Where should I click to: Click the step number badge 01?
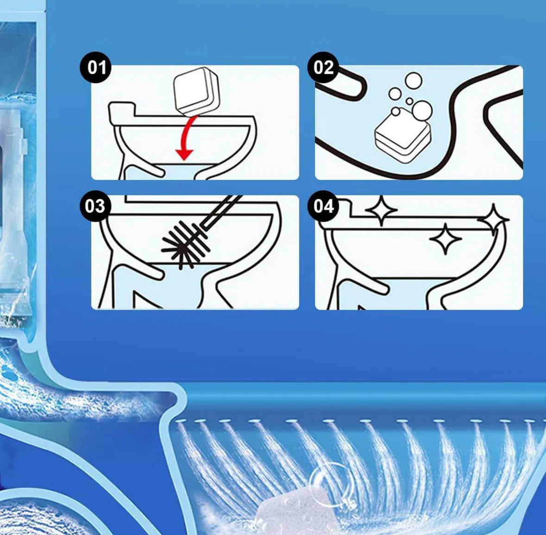(x=96, y=68)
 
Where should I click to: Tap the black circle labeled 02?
(x=323, y=68)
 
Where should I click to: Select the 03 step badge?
(x=94, y=206)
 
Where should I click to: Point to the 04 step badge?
(x=323, y=206)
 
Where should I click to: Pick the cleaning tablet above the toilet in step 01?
(x=194, y=90)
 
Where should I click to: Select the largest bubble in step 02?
(x=422, y=111)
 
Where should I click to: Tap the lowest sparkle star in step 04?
(x=445, y=239)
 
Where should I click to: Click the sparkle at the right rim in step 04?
(x=493, y=219)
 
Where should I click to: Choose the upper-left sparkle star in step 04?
(x=381, y=211)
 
